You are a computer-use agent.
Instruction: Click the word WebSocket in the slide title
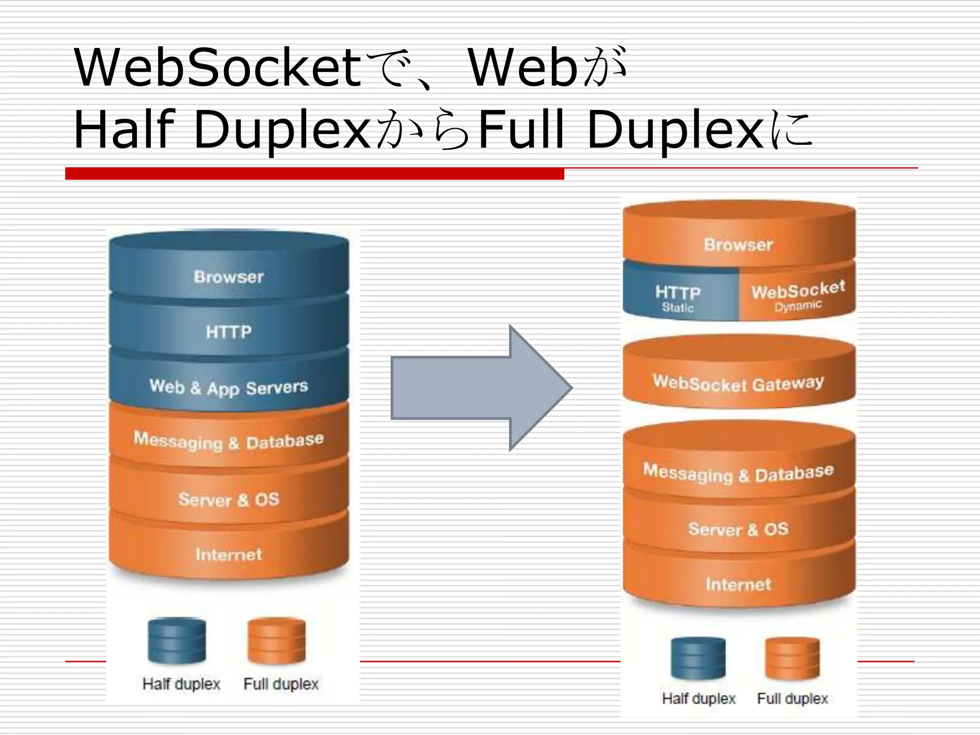(x=218, y=68)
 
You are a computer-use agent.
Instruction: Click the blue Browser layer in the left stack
(x=229, y=277)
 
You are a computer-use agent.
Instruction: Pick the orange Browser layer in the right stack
(x=738, y=245)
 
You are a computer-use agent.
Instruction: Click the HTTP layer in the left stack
(x=229, y=332)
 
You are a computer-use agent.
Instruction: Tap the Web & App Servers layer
(x=229, y=387)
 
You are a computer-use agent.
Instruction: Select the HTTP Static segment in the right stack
(x=679, y=298)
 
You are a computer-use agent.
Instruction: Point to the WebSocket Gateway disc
(x=738, y=383)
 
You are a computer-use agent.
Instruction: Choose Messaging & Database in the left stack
(x=229, y=441)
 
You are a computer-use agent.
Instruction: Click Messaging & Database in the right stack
(x=738, y=473)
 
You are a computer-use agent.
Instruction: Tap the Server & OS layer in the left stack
(x=229, y=499)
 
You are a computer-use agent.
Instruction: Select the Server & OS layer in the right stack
(x=738, y=529)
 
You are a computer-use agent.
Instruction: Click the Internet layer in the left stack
(x=229, y=554)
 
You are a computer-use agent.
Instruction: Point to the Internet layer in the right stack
(x=738, y=584)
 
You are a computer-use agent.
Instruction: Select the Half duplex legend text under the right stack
(x=699, y=699)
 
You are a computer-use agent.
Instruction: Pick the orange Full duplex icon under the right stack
(x=792, y=658)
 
